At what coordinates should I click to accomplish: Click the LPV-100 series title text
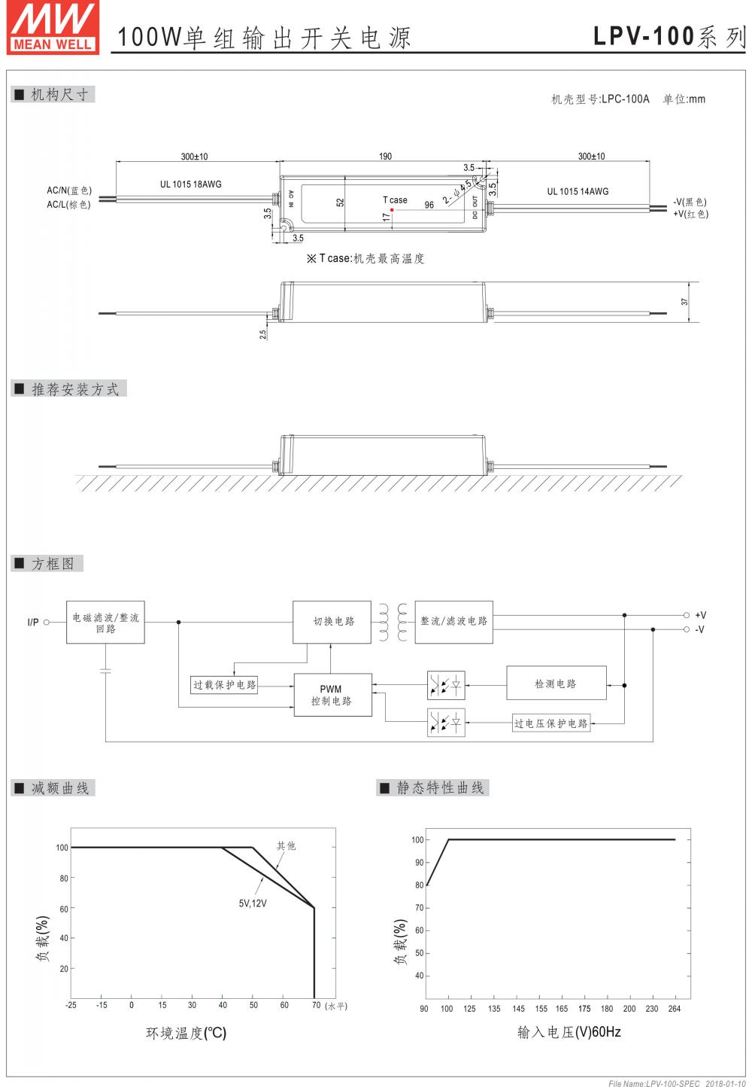pos(669,36)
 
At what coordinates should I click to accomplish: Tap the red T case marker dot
pos(392,210)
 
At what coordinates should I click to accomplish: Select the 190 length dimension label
pos(385,157)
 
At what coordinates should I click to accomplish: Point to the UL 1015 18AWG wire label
pos(190,184)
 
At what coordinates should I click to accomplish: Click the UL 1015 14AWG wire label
pos(578,191)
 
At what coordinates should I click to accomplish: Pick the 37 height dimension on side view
pos(684,301)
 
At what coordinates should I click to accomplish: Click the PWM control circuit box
pos(332,695)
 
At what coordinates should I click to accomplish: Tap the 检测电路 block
pos(556,684)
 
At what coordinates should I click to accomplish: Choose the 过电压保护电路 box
pos(551,723)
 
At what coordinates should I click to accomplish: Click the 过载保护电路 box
pos(225,685)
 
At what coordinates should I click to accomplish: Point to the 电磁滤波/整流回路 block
pos(105,623)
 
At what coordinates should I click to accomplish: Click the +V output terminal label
pos(700,615)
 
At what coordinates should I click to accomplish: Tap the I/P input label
pos(33,623)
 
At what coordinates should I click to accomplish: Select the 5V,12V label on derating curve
pos(253,903)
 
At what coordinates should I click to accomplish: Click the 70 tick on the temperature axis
pos(317,1005)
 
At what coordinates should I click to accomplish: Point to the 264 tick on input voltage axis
pos(674,1009)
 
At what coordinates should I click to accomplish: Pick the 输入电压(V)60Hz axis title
pos(569,1032)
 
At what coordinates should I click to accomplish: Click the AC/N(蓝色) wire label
pos(69,190)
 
